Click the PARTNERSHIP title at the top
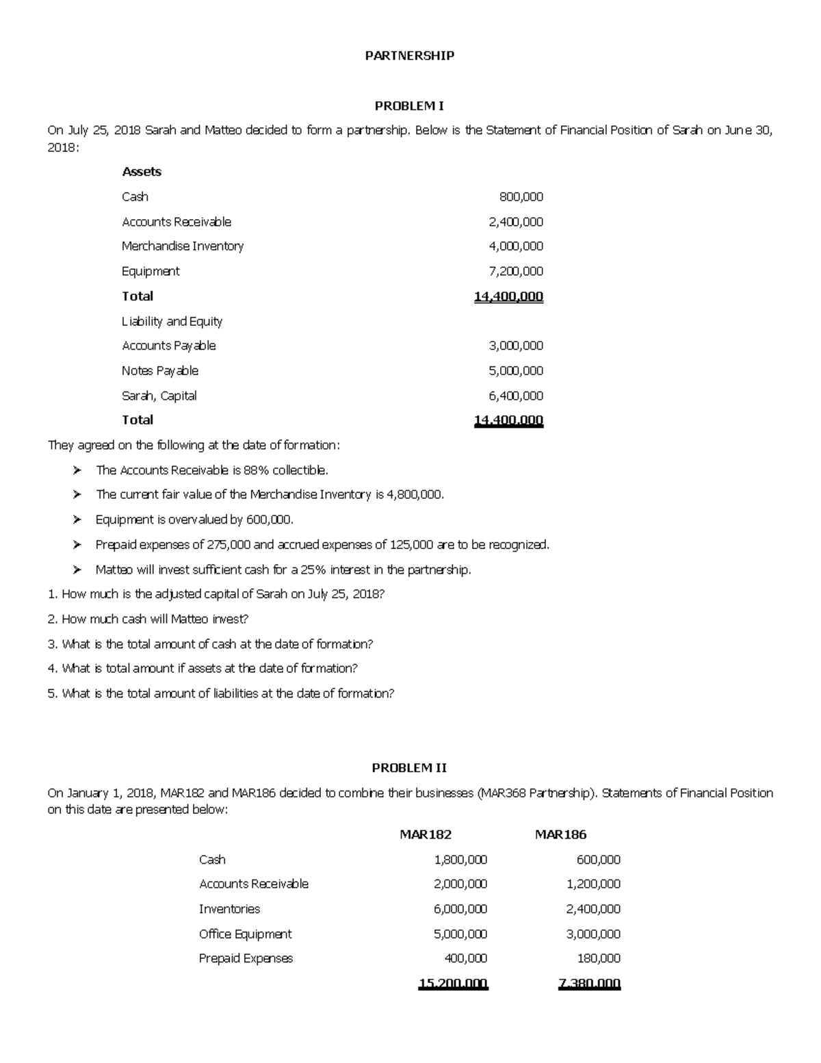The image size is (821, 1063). pyautogui.click(x=410, y=56)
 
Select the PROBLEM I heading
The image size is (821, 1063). pyautogui.click(x=409, y=106)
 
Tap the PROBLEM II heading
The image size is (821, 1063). pyautogui.click(x=409, y=767)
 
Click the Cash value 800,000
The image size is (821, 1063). pyautogui.click(x=521, y=197)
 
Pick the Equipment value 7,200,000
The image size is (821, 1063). pyautogui.click(x=516, y=271)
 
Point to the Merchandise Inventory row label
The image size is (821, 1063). pyautogui.click(x=183, y=246)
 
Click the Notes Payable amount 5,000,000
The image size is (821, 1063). pyautogui.click(x=516, y=371)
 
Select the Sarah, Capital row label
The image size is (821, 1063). pyautogui.click(x=159, y=396)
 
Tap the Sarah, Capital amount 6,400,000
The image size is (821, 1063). pyautogui.click(x=516, y=396)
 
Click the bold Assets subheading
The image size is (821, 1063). pyautogui.click(x=142, y=172)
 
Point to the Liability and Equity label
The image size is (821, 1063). pyautogui.click(x=172, y=321)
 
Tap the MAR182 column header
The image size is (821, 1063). pyautogui.click(x=426, y=834)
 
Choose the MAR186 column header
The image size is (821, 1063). pyautogui.click(x=560, y=834)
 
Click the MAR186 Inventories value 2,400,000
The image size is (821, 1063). pyautogui.click(x=593, y=909)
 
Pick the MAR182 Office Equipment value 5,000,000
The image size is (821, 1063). pyautogui.click(x=460, y=934)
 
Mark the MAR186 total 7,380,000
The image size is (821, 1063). pyautogui.click(x=590, y=984)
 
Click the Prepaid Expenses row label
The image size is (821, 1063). pyautogui.click(x=246, y=959)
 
